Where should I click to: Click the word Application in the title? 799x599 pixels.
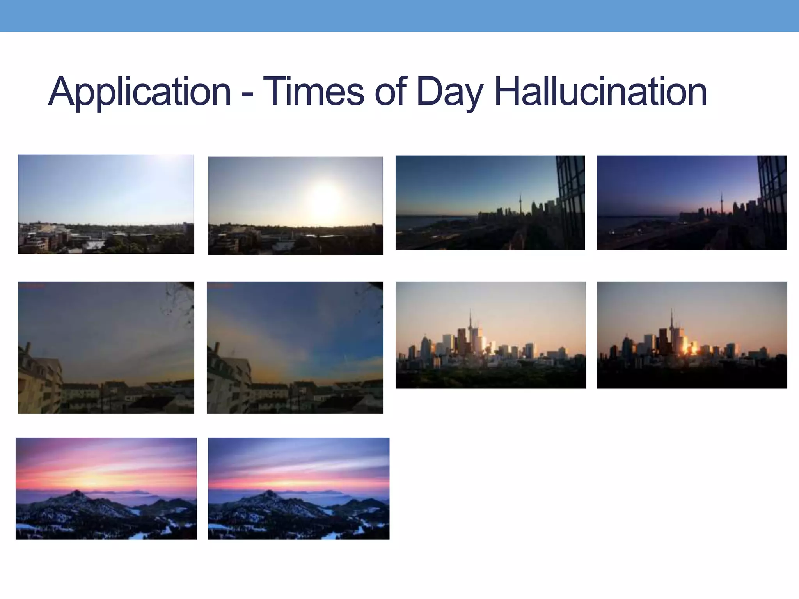click(x=140, y=92)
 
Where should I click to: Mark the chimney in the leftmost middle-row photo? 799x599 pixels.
click(x=28, y=347)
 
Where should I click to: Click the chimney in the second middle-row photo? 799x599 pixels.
click(x=217, y=347)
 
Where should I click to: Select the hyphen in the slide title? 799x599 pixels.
click(x=247, y=95)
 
